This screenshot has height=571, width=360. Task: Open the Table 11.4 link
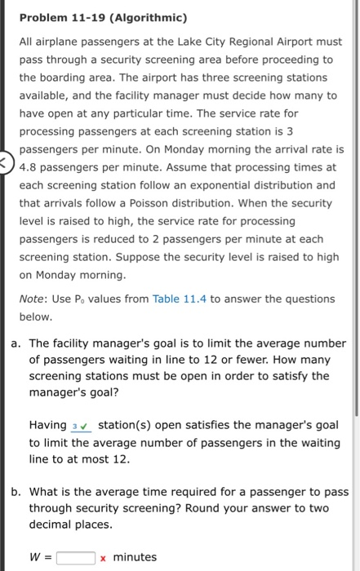pos(177,299)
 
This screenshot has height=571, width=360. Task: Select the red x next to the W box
pos(103,558)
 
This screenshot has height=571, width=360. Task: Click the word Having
pos(48,425)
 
